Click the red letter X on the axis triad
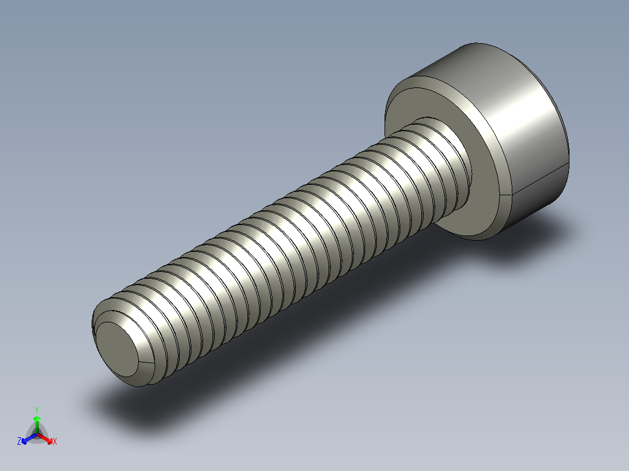click(54, 442)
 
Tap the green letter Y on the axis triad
click(36, 410)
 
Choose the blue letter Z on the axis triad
click(19, 442)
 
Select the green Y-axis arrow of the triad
click(36, 421)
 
